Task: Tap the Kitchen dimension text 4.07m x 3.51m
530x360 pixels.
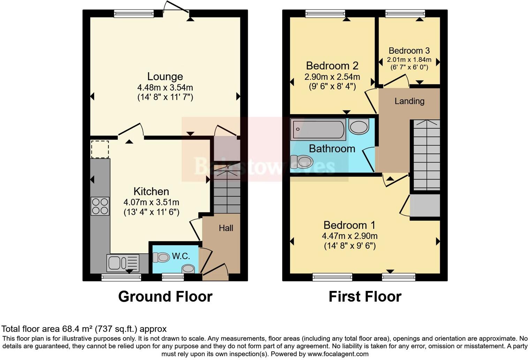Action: click(x=151, y=202)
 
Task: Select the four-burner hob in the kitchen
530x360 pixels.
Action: click(x=100, y=206)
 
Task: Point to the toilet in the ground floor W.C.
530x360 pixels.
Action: click(x=161, y=257)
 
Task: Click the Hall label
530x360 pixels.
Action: click(x=226, y=228)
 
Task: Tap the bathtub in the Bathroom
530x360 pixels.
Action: click(x=318, y=129)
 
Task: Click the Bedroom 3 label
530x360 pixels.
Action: click(x=409, y=51)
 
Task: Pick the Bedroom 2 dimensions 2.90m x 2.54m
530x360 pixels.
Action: click(x=332, y=77)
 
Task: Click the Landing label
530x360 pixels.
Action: click(x=409, y=101)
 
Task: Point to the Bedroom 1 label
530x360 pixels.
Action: click(x=349, y=225)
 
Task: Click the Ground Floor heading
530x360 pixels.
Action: click(x=165, y=297)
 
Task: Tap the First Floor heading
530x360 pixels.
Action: click(x=365, y=297)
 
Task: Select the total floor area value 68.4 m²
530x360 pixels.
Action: click(x=78, y=329)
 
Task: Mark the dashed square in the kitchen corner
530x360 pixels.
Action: click(x=100, y=149)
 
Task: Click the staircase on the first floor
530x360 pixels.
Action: click(x=426, y=156)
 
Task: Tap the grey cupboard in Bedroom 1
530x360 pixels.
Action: click(x=425, y=206)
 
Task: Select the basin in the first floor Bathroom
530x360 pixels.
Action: click(x=359, y=126)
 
